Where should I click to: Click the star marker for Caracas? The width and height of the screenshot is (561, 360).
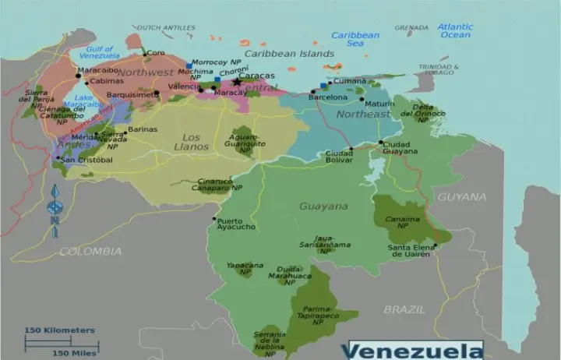click(237, 82)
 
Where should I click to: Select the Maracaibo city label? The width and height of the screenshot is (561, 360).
click(98, 70)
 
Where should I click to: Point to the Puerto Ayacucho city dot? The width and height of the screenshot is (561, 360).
click(214, 219)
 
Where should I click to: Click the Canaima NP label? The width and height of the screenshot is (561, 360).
click(402, 222)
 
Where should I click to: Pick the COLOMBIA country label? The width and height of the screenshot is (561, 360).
click(90, 252)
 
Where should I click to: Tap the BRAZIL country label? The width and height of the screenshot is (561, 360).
click(404, 309)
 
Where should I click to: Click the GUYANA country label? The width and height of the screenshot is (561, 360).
click(461, 197)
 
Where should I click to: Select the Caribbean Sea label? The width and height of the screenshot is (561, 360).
click(355, 39)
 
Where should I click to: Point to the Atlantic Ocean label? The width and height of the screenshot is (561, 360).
click(455, 31)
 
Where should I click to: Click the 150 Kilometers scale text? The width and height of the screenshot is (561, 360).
click(60, 330)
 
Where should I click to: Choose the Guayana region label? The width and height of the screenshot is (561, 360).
click(323, 206)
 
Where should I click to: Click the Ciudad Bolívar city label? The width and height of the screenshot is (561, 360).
click(338, 157)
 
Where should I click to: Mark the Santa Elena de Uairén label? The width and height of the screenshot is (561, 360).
click(412, 251)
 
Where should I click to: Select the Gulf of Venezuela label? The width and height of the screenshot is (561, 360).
click(99, 52)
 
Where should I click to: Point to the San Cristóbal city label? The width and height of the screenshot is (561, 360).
click(87, 160)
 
